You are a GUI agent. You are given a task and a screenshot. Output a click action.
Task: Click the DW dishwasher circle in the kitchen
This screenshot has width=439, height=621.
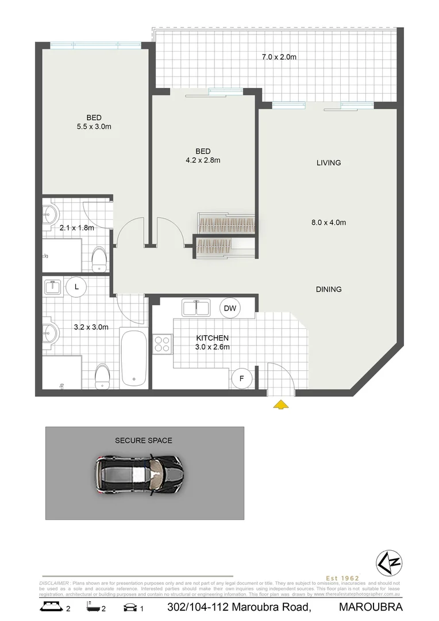(x=230, y=309)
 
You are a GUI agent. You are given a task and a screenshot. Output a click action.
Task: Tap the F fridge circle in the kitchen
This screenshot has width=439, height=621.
(x=241, y=378)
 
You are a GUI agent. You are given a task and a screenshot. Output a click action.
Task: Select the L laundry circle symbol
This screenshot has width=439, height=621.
(x=75, y=286)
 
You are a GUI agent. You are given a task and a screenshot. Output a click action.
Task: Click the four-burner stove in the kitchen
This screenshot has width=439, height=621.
(x=161, y=344)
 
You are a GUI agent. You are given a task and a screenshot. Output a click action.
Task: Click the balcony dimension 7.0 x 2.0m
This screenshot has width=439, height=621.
(x=279, y=57)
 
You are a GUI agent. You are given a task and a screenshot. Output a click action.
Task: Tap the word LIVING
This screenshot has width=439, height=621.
(x=329, y=163)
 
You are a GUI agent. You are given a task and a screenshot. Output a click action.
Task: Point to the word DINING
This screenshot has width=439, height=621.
(x=329, y=289)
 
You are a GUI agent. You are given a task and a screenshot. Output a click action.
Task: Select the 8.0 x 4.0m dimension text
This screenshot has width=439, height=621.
(x=328, y=223)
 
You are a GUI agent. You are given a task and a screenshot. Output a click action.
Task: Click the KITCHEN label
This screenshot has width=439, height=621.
(x=213, y=338)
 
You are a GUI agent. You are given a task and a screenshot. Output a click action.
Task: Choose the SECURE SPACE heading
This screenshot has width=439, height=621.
(x=144, y=440)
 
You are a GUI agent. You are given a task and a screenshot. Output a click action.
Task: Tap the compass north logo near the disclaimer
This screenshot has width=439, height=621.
(x=388, y=562)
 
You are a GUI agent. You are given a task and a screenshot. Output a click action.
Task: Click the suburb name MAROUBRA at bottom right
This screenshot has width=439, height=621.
(x=371, y=607)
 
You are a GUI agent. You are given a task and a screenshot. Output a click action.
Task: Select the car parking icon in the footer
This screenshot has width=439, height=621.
(x=130, y=607)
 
